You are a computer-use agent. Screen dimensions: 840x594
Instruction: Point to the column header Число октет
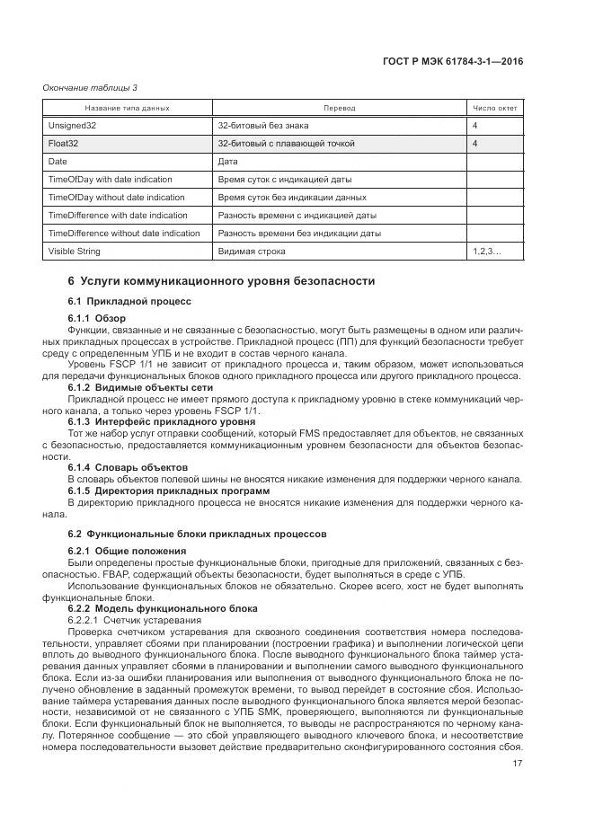coord(494,108)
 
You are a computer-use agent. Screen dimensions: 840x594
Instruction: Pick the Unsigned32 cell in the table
coord(72,126)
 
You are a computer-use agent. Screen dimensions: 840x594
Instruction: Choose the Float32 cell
coord(64,144)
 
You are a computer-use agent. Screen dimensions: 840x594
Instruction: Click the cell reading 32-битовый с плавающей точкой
coord(287,144)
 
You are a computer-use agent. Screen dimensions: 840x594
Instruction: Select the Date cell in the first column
coord(58,162)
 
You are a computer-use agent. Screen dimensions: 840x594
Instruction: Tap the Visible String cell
coord(75,252)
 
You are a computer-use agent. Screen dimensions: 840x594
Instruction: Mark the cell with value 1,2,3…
coord(486,252)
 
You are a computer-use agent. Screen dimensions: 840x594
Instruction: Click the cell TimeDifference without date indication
coord(124,234)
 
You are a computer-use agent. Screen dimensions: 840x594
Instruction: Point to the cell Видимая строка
coord(254,252)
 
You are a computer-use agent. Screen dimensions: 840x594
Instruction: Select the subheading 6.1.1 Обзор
coord(97,319)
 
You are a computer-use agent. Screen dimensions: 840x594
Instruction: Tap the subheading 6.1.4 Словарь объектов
coord(128,468)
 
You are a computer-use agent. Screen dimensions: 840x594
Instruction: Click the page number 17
coord(517,765)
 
